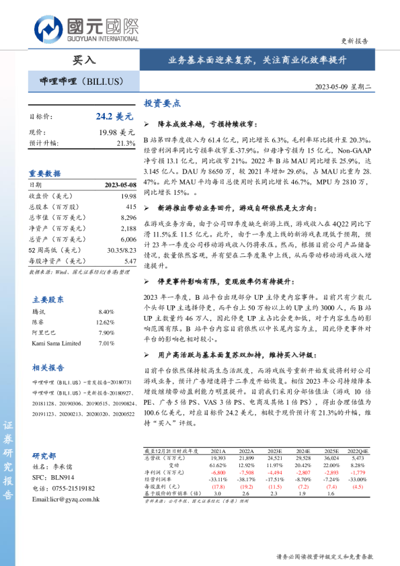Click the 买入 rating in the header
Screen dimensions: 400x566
(83, 60)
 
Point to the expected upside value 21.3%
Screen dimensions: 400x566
(126, 143)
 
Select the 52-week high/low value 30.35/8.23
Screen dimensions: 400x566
(122, 249)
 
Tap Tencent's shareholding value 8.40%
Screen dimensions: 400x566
(106, 312)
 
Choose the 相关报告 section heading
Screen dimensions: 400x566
(48, 367)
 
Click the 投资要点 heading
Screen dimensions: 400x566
(162, 104)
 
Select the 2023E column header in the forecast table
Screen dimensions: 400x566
(275, 451)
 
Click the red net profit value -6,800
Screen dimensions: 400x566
(218, 472)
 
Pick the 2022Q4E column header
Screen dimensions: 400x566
(362, 451)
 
